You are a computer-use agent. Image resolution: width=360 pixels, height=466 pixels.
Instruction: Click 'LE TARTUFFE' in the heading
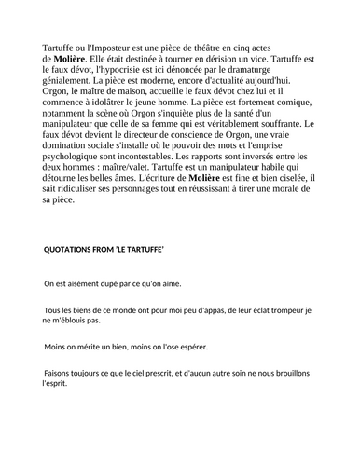click(x=136, y=251)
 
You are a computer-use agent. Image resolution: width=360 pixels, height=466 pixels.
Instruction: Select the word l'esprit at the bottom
click(x=55, y=382)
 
